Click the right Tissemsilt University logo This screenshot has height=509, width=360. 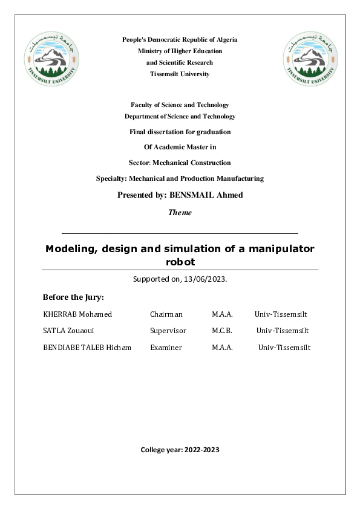tap(309, 59)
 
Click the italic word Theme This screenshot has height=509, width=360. tap(180, 212)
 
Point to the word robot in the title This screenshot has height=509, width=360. tap(180, 262)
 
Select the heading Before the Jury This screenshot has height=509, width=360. tap(73, 297)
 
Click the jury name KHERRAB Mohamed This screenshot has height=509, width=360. tap(77, 314)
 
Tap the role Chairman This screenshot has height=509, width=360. tap(166, 314)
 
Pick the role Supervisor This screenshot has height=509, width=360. tap(168, 331)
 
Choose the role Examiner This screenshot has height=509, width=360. tap(166, 348)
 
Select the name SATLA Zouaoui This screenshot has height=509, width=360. tap(68, 331)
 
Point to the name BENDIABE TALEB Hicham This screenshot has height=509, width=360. tap(87, 348)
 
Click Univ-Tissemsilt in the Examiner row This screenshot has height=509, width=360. tap(284, 348)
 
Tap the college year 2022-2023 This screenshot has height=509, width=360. tap(203, 450)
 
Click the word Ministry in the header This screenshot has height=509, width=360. tap(151, 51)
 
